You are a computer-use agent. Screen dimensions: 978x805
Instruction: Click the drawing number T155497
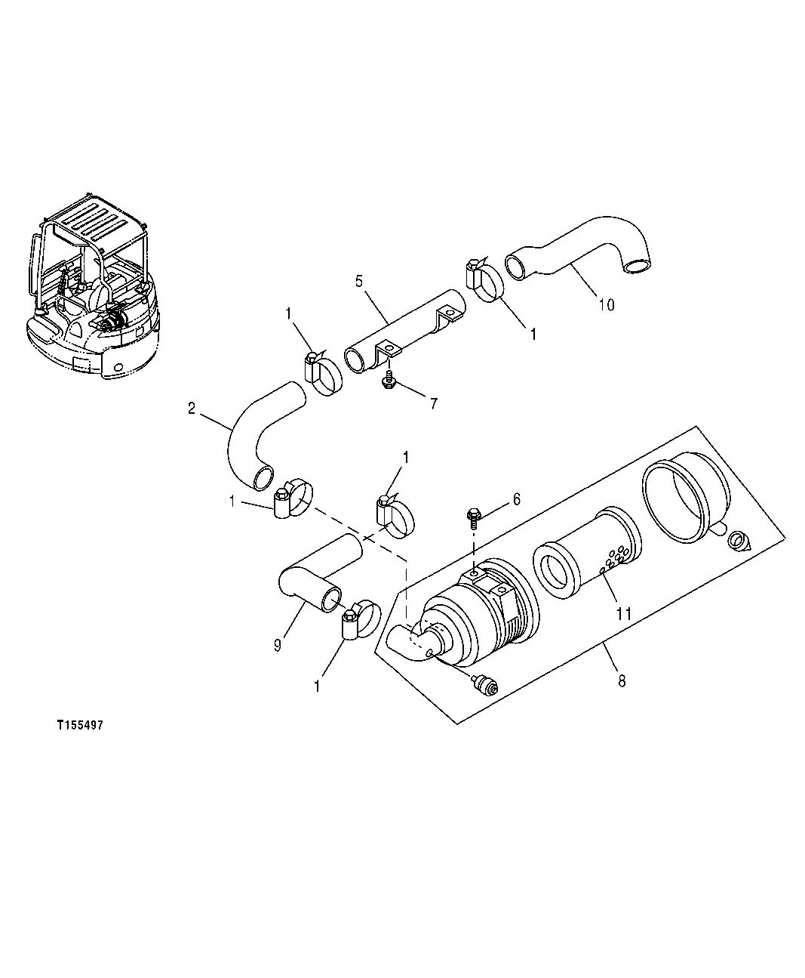click(x=79, y=724)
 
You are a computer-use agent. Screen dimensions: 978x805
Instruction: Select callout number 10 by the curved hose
click(x=606, y=304)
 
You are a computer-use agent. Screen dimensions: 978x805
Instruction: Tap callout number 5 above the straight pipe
click(x=359, y=281)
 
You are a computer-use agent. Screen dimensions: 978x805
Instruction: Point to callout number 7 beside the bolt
click(x=433, y=403)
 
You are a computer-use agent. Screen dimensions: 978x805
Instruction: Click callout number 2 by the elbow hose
click(x=192, y=409)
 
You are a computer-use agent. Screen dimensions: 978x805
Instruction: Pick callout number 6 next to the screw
click(x=516, y=498)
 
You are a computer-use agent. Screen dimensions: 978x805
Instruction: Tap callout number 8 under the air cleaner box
click(x=621, y=680)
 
